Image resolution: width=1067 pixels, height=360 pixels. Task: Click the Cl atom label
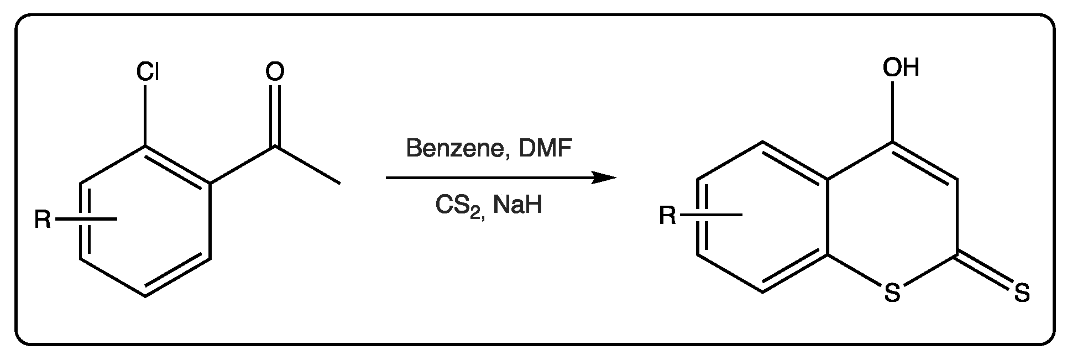[x=148, y=72]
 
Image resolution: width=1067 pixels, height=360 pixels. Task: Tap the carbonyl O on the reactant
[x=275, y=72]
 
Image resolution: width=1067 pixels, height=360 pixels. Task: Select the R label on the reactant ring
[x=43, y=220]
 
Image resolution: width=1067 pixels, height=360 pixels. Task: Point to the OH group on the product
[x=901, y=67]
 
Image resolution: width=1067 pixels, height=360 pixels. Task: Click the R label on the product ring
[x=668, y=216]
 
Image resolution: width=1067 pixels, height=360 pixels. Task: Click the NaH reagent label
[x=518, y=205]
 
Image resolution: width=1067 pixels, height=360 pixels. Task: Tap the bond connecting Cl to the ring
[x=147, y=116]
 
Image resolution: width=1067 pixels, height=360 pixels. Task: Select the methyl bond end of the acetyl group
[x=340, y=183]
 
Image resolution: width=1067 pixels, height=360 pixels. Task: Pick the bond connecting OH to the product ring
[x=893, y=111]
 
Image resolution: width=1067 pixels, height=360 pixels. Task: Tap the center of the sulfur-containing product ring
[x=892, y=217]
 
